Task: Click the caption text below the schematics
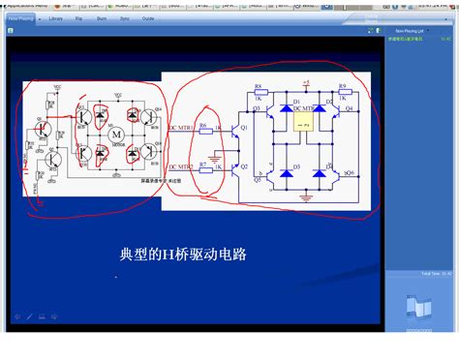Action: click(183, 255)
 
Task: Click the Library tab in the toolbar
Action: click(56, 17)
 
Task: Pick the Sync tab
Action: click(125, 17)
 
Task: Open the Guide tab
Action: click(148, 17)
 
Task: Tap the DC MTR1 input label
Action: click(180, 128)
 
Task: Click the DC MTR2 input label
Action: click(180, 166)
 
